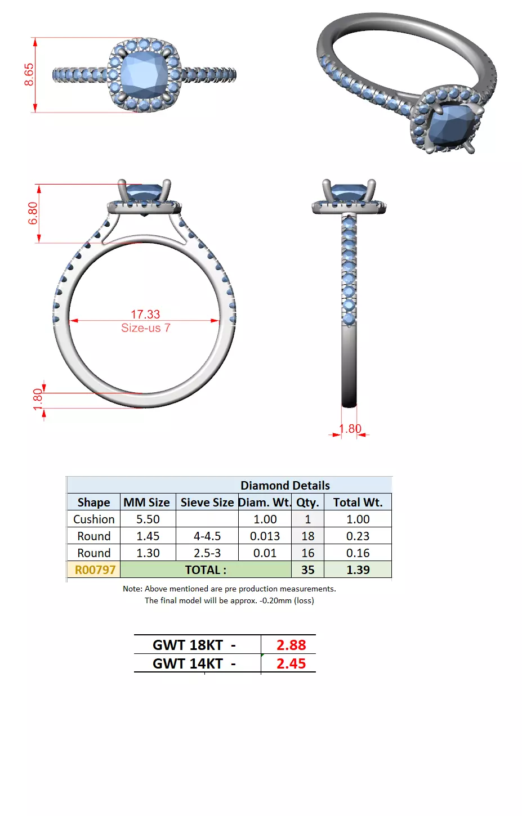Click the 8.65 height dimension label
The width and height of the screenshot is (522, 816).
[29, 74]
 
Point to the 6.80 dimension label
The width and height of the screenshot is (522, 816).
[33, 213]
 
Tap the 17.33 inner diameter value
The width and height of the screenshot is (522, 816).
[145, 314]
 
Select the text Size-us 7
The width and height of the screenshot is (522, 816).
[145, 328]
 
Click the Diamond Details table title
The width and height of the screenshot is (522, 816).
[285, 485]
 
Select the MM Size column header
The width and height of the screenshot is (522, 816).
[146, 503]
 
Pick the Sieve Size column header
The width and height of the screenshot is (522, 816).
[207, 503]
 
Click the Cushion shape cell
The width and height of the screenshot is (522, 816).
[93, 519]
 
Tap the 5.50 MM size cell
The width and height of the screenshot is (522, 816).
[148, 519]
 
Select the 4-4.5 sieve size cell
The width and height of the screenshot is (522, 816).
[207, 536]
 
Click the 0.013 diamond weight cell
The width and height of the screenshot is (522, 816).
[265, 536]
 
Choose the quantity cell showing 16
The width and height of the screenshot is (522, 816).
[307, 553]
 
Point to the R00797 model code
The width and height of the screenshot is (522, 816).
[95, 570]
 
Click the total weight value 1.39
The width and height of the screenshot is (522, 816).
[358, 570]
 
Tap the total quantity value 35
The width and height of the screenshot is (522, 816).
[307, 570]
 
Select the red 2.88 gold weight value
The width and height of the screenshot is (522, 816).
[291, 645]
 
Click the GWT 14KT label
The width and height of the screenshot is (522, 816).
[188, 664]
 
